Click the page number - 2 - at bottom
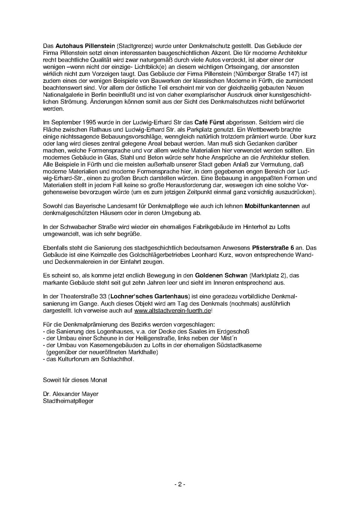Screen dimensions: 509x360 pos(180,484)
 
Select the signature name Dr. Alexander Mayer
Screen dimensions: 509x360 pos(70,394)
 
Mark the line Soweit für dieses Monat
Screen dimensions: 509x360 pos(75,379)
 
